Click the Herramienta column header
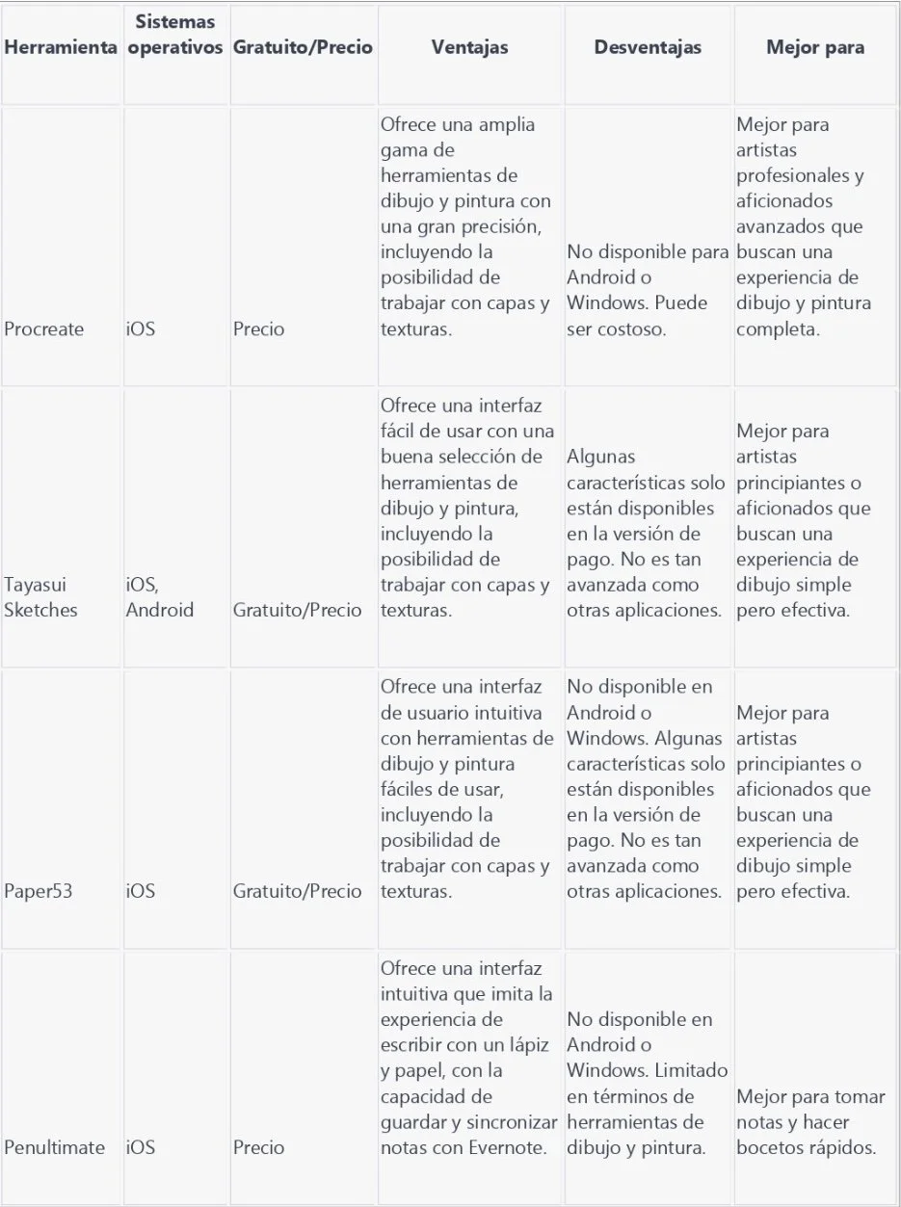[x=61, y=47]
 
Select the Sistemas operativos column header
[x=174, y=34]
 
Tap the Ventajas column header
[x=469, y=47]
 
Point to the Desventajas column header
[x=648, y=47]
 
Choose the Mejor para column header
[x=814, y=47]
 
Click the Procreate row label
[x=44, y=329]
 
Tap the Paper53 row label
[x=39, y=891]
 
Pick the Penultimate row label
[x=55, y=1147]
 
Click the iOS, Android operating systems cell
[x=159, y=597]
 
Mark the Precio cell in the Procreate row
[x=259, y=329]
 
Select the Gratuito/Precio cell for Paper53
[x=298, y=891]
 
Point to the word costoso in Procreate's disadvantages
[x=626, y=329]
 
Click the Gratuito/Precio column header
[x=303, y=47]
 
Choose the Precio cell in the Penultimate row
[x=259, y=1147]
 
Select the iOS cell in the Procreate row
[x=140, y=329]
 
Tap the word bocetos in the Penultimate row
[x=768, y=1147]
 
